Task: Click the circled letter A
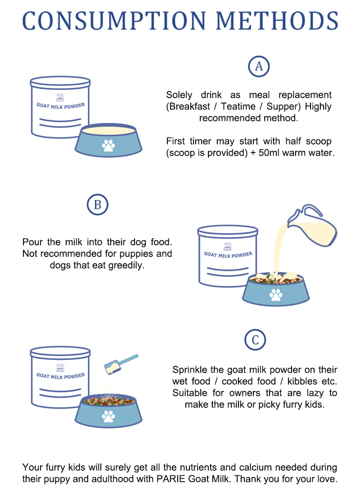click(259, 66)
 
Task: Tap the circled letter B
click(97, 205)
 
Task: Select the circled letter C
click(255, 340)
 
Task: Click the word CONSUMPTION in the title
click(115, 21)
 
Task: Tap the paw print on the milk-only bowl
click(108, 145)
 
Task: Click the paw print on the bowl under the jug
click(275, 295)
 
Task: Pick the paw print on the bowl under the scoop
click(108, 416)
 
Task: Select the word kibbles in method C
click(292, 381)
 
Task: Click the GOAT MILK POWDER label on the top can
click(60, 106)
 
